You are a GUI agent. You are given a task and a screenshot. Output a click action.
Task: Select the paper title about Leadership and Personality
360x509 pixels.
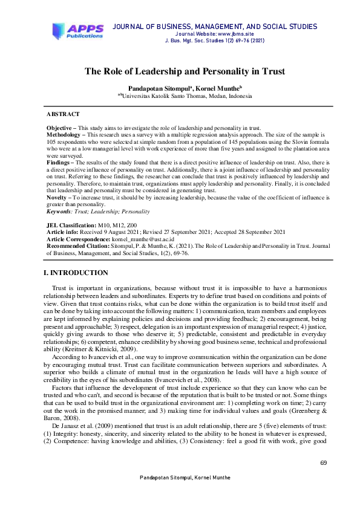click(x=185, y=71)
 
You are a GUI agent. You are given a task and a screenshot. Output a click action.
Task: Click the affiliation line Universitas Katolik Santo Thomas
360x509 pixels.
click(x=186, y=96)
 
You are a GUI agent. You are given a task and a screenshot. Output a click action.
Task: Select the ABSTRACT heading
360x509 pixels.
click(x=63, y=114)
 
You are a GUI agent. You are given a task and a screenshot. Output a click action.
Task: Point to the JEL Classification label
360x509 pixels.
click(x=71, y=225)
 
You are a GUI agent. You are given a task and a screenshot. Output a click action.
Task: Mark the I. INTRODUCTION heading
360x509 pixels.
click(x=76, y=273)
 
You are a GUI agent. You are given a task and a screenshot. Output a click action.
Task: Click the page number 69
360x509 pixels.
click(x=323, y=463)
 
